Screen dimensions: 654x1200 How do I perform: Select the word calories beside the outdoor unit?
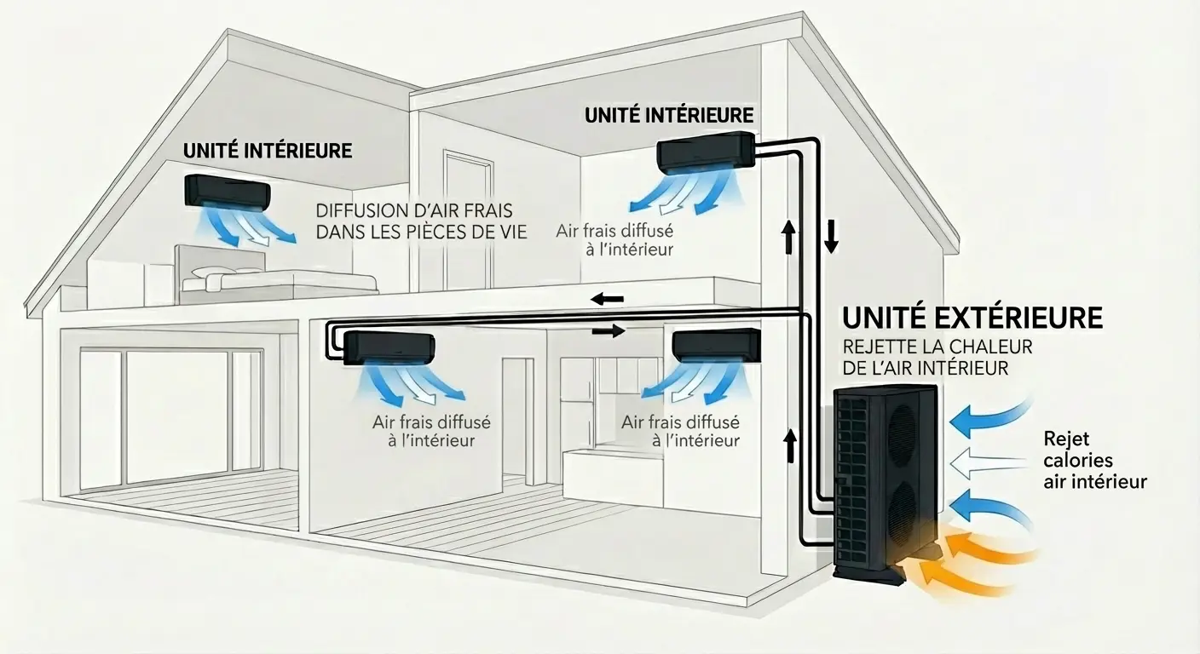coord(1078,461)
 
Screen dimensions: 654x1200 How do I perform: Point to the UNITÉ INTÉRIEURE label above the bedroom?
coord(268,151)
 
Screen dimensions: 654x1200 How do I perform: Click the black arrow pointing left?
coord(608,299)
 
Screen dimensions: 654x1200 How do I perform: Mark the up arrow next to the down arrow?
coord(788,235)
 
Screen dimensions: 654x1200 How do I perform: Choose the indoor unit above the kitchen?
coord(716,345)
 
